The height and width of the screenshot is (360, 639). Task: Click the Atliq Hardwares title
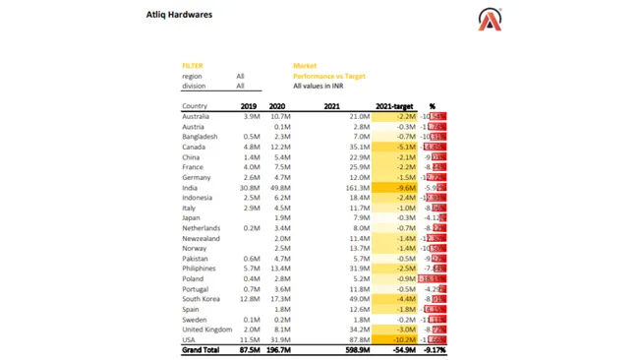(179, 15)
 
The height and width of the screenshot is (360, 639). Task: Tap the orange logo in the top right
(490, 19)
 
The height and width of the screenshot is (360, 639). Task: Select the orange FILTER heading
(192, 66)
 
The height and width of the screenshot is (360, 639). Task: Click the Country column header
(195, 106)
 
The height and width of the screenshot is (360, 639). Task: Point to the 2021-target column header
(395, 106)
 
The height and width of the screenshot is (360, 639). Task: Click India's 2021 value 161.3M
(356, 188)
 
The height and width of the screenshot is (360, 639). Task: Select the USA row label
(190, 339)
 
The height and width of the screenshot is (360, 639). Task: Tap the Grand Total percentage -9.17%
(434, 350)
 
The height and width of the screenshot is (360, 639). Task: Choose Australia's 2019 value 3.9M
(251, 116)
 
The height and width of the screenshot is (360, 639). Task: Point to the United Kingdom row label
(206, 330)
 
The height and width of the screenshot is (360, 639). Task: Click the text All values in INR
(318, 87)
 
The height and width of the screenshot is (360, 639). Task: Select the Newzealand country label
(201, 238)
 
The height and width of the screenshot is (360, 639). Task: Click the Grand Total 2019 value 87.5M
(249, 350)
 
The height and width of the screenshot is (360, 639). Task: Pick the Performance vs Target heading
(328, 76)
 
